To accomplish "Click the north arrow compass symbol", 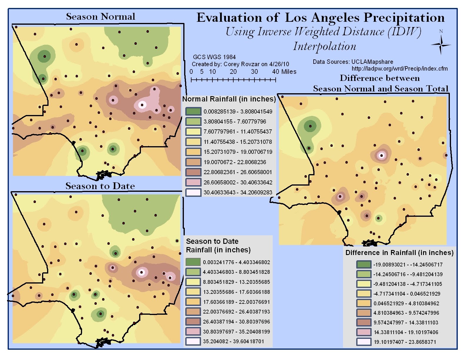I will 441,45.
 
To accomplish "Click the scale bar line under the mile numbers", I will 233,80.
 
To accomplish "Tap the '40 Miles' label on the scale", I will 284,71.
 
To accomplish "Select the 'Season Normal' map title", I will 100,17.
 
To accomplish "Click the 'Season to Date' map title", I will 100,186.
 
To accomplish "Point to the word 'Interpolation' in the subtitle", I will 324,46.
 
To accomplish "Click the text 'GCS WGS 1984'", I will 214,57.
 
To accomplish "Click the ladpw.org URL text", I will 400,69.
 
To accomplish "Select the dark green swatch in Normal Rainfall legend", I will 193,111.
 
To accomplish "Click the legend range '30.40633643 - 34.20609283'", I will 238,192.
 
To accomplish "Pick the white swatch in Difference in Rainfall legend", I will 364,342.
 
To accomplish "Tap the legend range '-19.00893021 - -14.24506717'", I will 408,264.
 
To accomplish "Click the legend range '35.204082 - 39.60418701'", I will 234,341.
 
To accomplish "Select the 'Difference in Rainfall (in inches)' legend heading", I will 399,253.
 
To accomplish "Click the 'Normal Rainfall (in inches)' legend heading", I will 229,99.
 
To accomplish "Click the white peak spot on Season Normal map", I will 142,104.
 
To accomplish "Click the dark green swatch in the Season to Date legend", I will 193,262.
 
